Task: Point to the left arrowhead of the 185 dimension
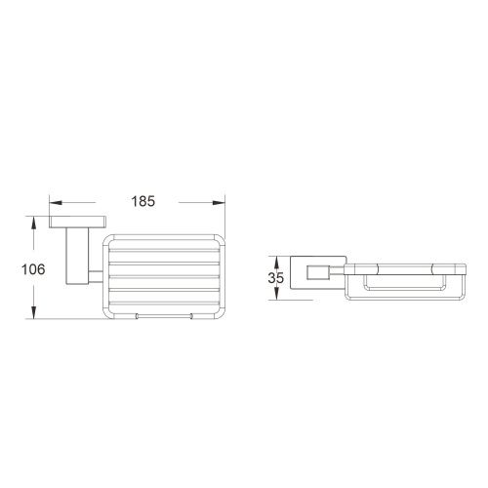click(x=55, y=202)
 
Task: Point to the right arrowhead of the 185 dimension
click(x=220, y=202)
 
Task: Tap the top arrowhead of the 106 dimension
click(x=34, y=221)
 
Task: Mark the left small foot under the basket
click(x=136, y=317)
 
